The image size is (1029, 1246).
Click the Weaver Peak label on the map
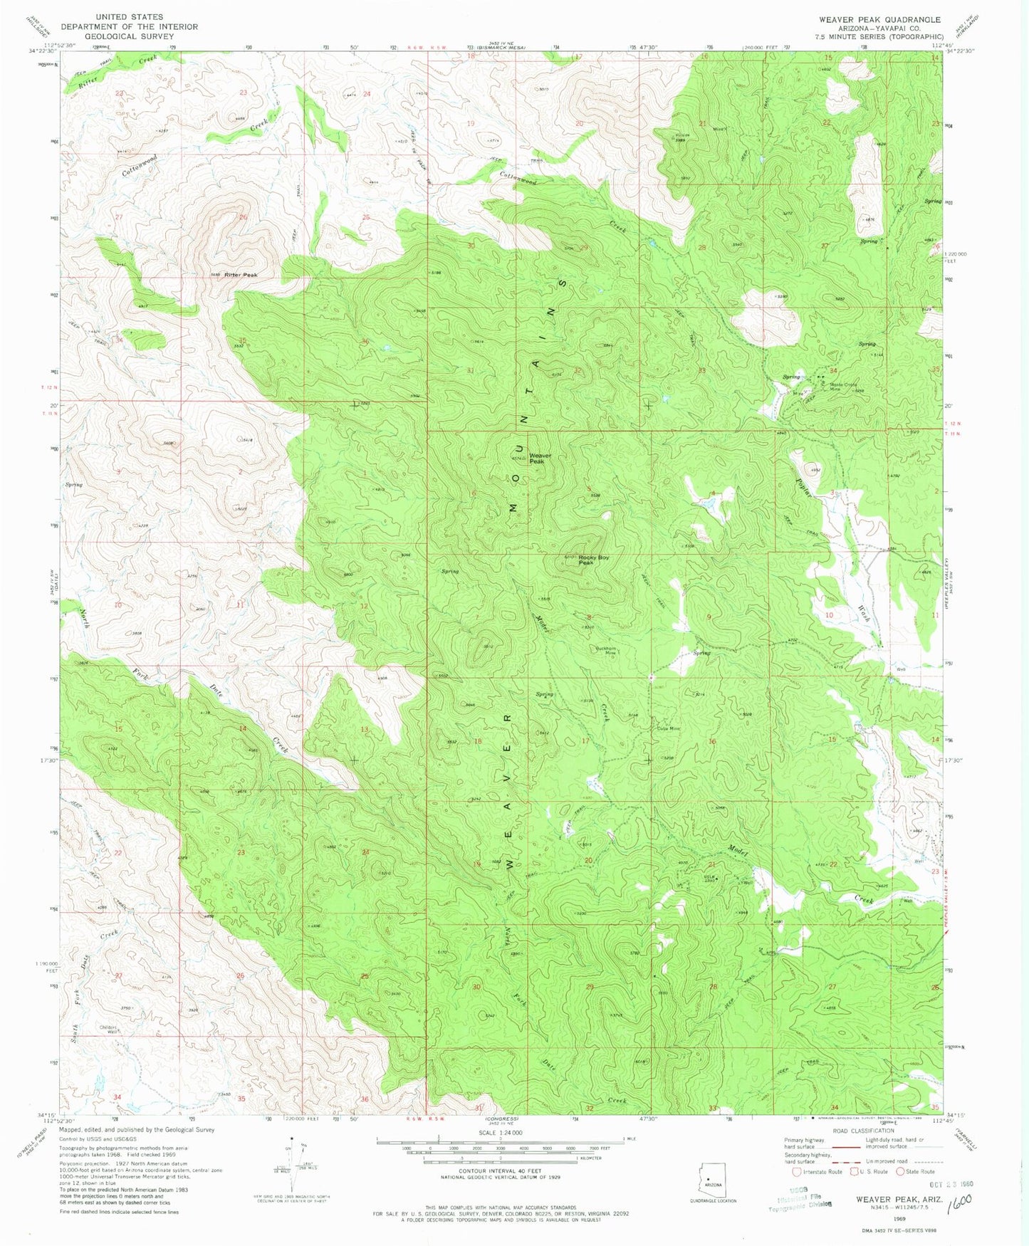tap(539, 459)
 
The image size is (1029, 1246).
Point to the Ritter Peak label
tap(241, 275)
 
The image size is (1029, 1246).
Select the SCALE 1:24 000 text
tap(501, 1132)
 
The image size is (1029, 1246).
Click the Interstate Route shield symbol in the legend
tap(795, 1172)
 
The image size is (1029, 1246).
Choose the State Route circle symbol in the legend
tap(900, 1172)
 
